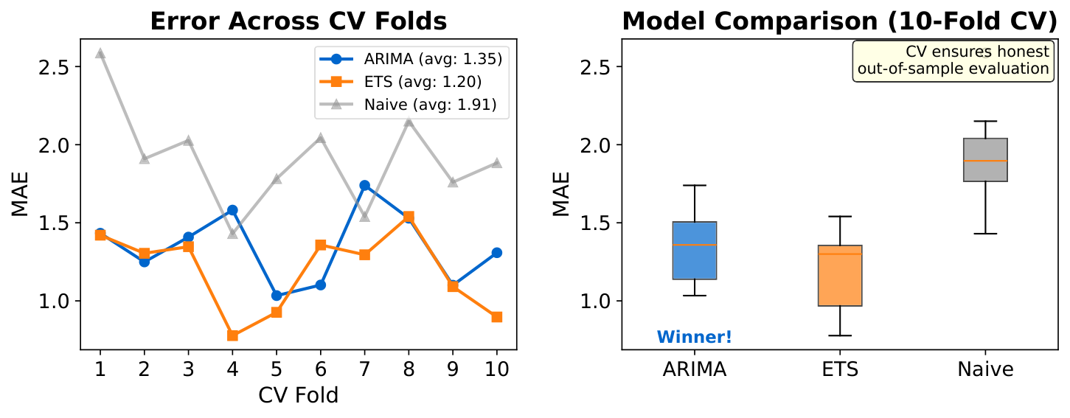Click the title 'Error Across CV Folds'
[x=299, y=21]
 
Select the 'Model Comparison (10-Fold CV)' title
[x=840, y=21]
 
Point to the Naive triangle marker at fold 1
[x=100, y=53]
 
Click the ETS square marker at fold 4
[x=232, y=335]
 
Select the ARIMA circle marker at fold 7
[x=364, y=185]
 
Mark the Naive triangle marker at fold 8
[x=409, y=121]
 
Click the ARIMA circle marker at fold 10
[x=496, y=252]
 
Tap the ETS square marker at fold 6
[x=321, y=245]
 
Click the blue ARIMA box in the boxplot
[x=694, y=251]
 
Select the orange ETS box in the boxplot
[x=840, y=276]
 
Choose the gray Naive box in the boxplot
[x=986, y=160]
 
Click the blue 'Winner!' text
[x=694, y=338]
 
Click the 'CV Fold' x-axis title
[x=299, y=396]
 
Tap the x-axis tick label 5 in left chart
[x=277, y=369]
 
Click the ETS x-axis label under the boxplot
[x=840, y=369]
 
